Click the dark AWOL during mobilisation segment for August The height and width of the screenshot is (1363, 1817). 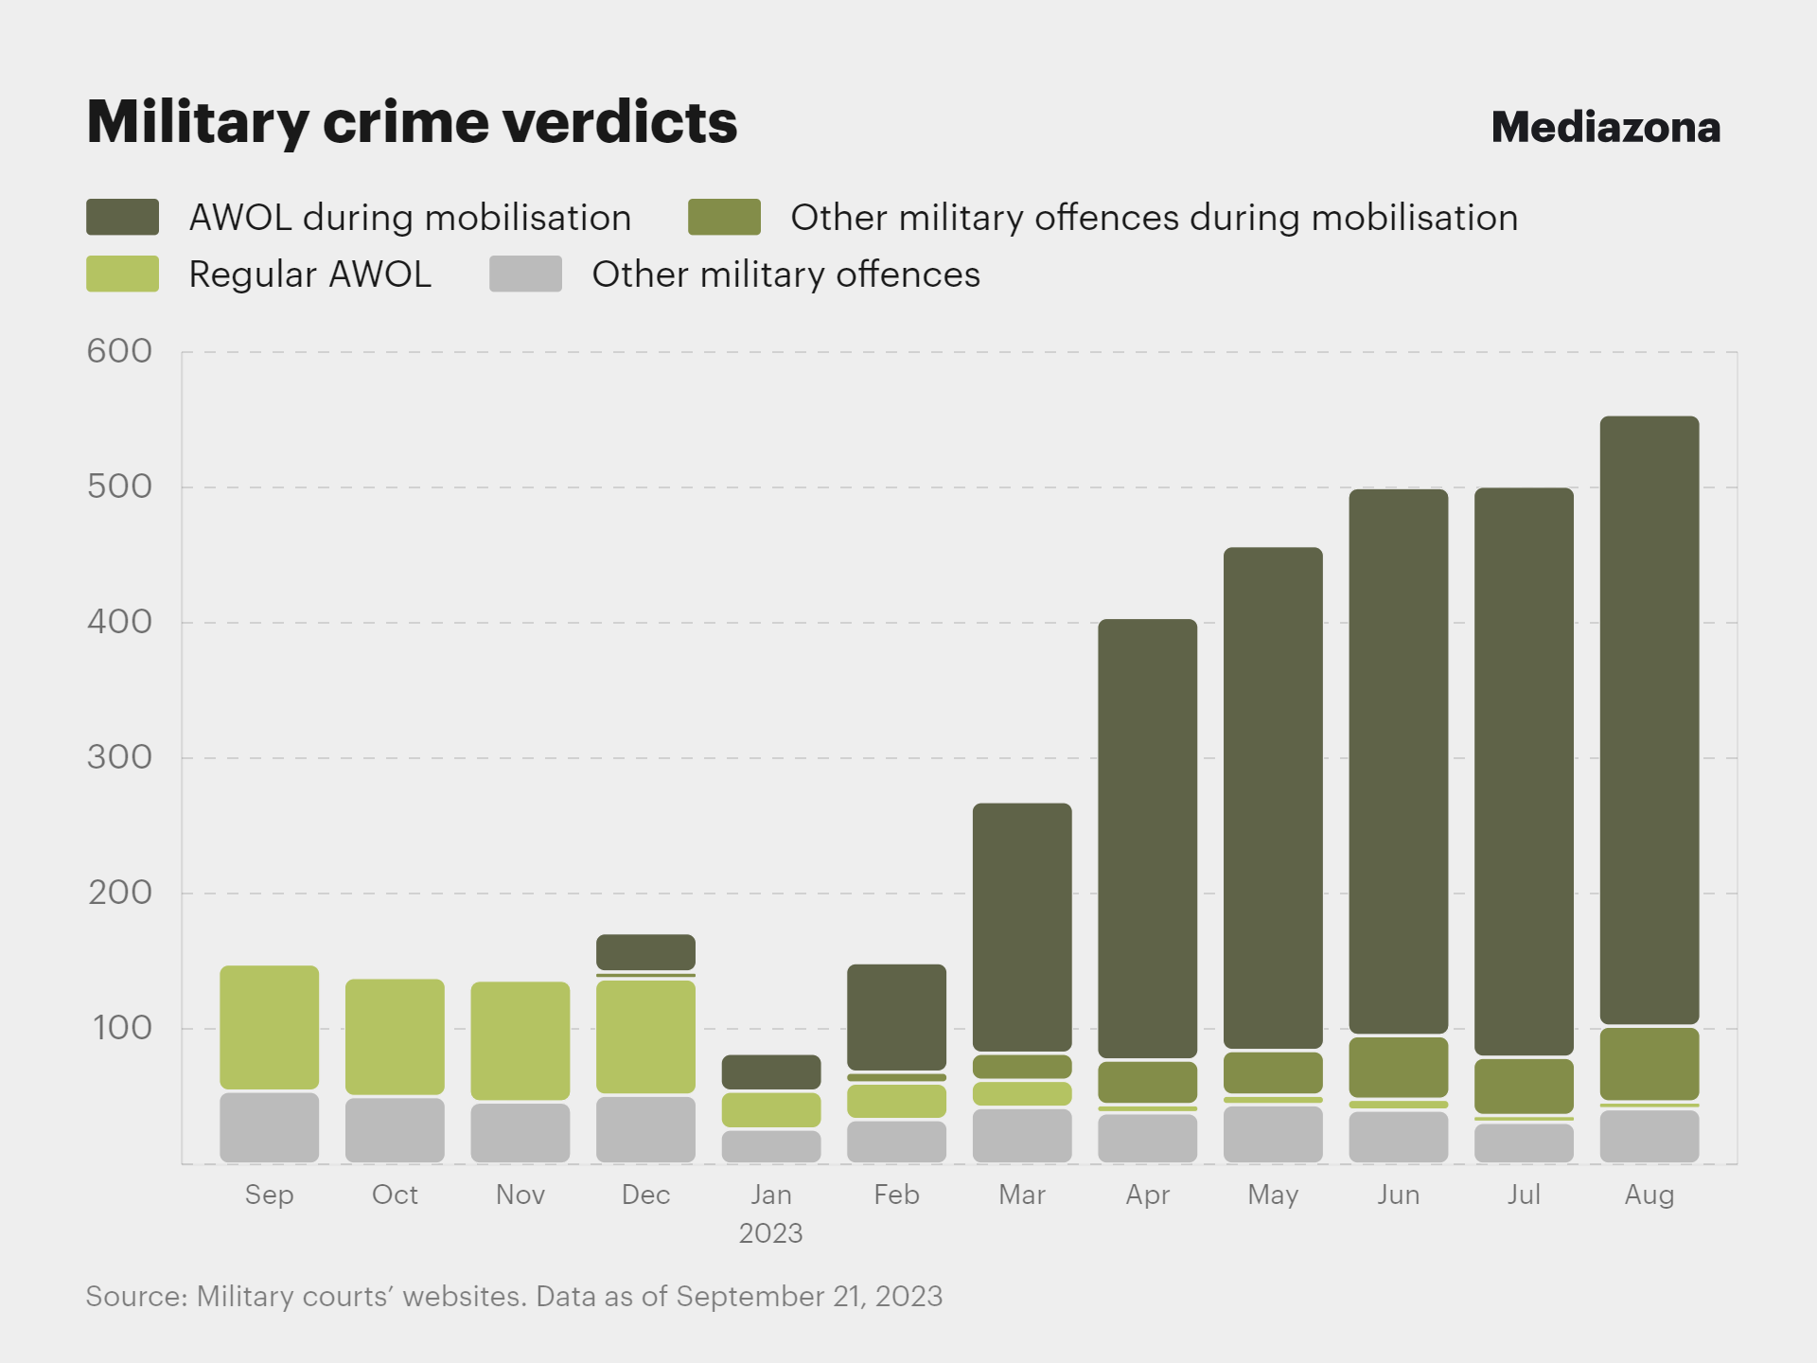point(1649,719)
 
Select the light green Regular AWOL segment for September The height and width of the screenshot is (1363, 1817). point(269,1027)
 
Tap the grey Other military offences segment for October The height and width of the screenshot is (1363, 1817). point(395,1129)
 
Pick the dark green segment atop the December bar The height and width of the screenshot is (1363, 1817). point(645,951)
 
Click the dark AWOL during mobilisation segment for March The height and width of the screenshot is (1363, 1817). point(1022,927)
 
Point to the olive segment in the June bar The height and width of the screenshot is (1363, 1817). point(1398,1067)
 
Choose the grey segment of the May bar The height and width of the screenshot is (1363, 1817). point(1273,1133)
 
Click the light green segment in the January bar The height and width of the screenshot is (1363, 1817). point(771,1109)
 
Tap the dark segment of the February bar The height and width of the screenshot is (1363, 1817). point(896,1017)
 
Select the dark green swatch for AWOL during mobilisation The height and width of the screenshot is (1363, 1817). point(122,217)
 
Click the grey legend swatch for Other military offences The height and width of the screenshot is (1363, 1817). point(525,274)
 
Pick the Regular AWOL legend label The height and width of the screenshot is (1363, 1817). point(309,274)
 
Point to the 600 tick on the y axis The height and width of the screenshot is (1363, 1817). point(119,351)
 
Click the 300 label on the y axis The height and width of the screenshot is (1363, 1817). point(119,757)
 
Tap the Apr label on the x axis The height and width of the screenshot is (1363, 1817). point(1147,1195)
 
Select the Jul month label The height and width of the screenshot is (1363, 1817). point(1524,1195)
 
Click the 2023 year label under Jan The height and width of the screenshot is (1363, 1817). point(770,1233)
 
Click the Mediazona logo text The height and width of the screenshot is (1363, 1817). point(1605,127)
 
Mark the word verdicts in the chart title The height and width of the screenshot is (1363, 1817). point(620,122)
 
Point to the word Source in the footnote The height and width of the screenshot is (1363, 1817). point(135,1296)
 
